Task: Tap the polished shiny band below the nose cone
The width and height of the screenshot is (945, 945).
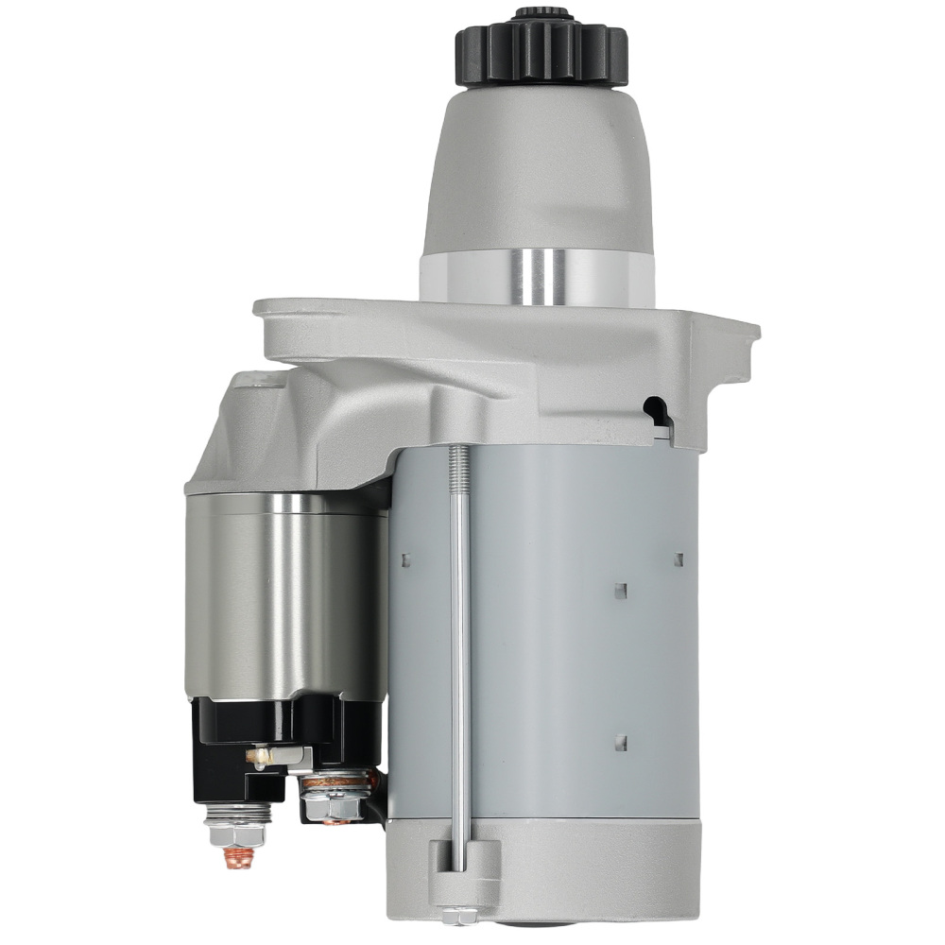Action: click(x=537, y=277)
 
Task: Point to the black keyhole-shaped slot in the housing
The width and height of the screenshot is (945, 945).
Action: click(x=655, y=409)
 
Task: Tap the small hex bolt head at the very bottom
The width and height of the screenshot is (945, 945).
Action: click(x=459, y=914)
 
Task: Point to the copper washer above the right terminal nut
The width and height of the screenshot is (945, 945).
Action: click(x=335, y=781)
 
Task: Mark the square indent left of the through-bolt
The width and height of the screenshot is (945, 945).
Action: click(x=405, y=559)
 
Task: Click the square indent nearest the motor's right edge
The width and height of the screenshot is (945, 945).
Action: click(x=679, y=559)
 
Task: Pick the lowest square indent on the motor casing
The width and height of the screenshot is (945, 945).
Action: click(x=621, y=742)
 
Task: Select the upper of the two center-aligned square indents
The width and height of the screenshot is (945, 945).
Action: click(x=621, y=591)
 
